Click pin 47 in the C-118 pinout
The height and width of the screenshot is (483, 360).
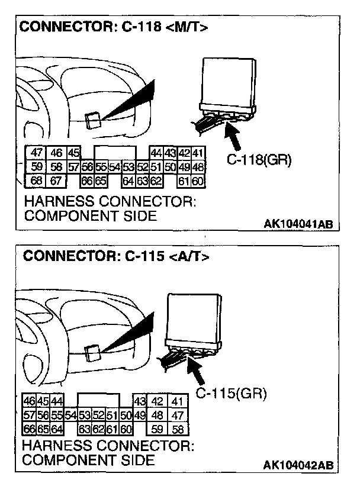36,153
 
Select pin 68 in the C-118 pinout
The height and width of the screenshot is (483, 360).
36,180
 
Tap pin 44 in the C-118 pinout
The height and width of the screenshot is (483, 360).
157,153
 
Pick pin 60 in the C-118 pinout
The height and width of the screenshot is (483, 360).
198,180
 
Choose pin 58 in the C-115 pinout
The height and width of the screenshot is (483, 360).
178,429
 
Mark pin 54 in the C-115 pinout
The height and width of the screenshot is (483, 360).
71,416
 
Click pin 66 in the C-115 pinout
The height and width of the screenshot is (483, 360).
29,429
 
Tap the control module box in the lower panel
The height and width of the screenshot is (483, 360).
195,320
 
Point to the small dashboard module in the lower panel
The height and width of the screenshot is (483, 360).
92,354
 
